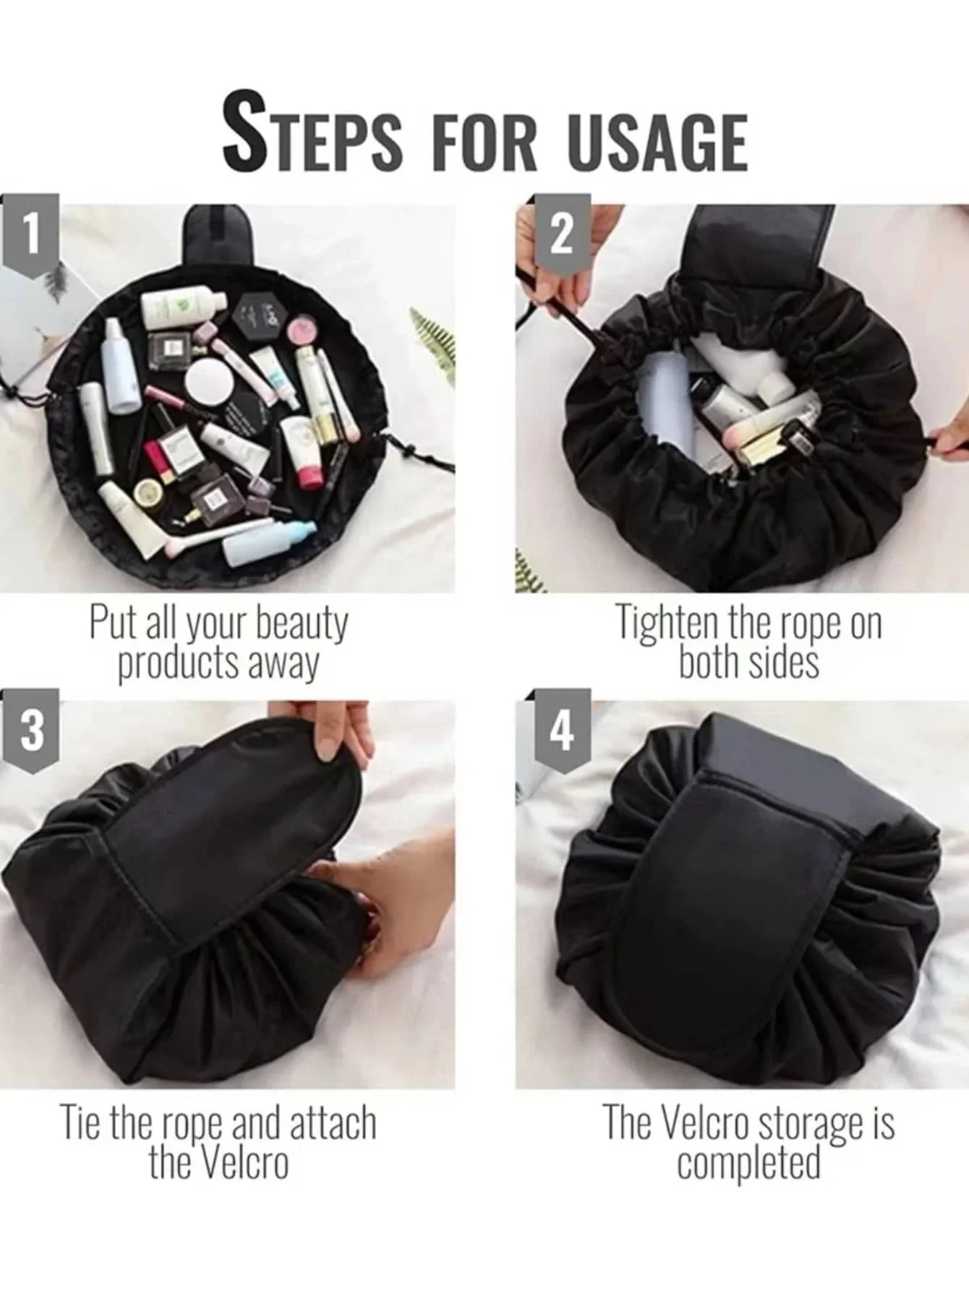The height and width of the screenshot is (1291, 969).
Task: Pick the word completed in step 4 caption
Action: [748, 1163]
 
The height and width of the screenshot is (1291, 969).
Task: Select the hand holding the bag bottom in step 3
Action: [405, 904]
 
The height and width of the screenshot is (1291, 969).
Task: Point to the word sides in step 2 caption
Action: [784, 662]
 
